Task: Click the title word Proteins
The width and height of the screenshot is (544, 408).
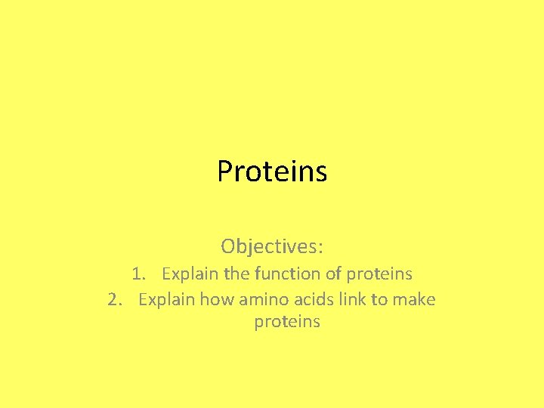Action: [x=272, y=172]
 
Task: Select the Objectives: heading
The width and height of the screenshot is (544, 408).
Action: [x=272, y=246]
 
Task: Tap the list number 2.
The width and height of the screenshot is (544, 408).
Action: [x=114, y=299]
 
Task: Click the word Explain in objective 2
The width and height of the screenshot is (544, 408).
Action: [x=165, y=299]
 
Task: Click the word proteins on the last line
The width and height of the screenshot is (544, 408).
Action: [x=287, y=323]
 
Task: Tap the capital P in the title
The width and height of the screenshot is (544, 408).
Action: [x=224, y=172]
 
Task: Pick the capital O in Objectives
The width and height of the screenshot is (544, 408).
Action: [x=228, y=246]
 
